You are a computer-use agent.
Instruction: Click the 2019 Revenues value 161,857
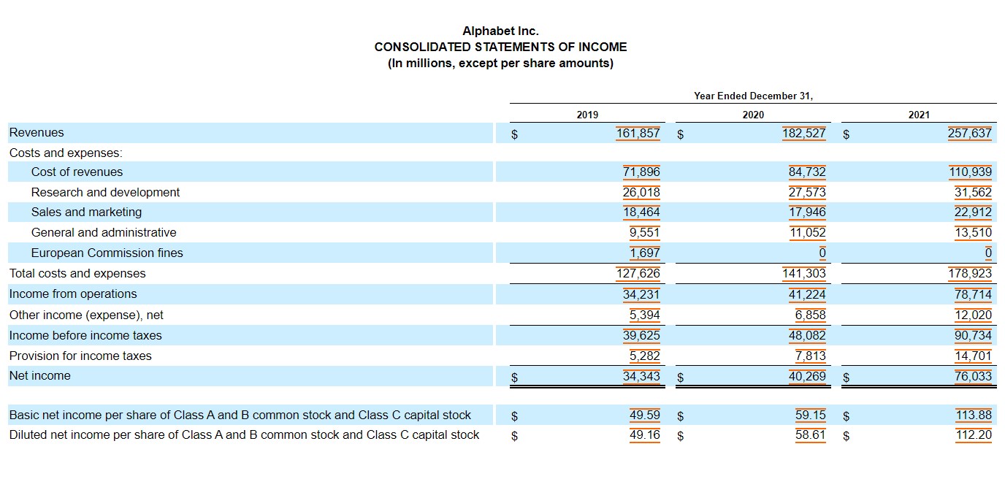point(638,133)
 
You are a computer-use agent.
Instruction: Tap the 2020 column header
point(753,115)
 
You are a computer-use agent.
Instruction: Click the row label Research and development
point(105,192)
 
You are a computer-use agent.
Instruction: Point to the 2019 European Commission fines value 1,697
point(645,253)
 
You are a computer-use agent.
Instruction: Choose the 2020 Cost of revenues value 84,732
point(807,172)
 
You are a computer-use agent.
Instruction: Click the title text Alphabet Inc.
point(500,31)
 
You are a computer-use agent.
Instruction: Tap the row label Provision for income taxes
point(80,356)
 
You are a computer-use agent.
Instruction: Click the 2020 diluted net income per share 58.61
point(810,434)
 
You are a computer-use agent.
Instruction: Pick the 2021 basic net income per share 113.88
point(974,415)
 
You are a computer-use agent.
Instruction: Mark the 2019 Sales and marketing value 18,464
point(641,212)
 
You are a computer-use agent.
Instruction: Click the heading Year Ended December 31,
point(753,96)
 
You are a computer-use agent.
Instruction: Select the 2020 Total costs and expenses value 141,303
point(803,273)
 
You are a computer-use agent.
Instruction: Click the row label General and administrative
point(104,232)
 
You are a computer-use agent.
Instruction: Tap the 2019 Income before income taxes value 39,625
point(641,335)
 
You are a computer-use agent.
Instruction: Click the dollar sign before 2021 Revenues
point(847,134)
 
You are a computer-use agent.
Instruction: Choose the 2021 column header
point(919,115)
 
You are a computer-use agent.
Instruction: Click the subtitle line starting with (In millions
point(500,63)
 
